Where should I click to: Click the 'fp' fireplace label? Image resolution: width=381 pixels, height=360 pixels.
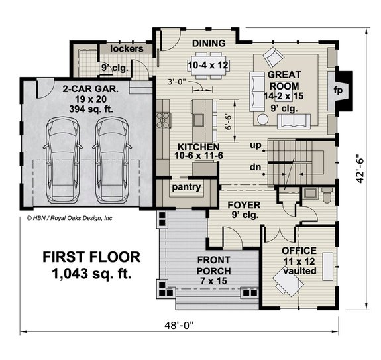[x=337, y=90]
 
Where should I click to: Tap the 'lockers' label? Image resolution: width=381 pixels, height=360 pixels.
[x=127, y=50]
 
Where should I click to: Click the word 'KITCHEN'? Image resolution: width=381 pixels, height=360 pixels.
[x=198, y=146]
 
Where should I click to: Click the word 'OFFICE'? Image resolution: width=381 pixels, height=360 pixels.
[x=299, y=251]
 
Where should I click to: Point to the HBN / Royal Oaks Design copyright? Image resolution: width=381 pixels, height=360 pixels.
[x=70, y=217]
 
